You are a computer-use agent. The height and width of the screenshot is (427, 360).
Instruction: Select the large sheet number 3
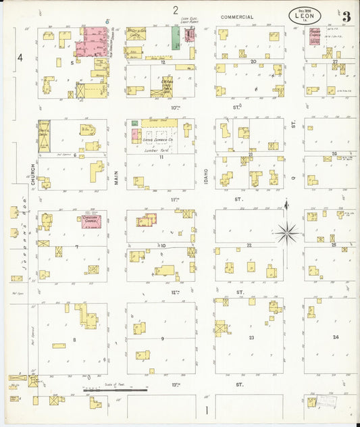(346, 16)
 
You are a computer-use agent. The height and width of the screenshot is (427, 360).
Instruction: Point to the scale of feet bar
(115, 390)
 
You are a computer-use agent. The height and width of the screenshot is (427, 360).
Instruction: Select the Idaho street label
(205, 174)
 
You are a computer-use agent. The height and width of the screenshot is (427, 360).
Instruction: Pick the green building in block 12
(176, 39)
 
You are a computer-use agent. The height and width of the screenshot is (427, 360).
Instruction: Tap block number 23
(251, 336)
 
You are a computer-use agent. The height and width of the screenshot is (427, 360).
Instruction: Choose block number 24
(335, 336)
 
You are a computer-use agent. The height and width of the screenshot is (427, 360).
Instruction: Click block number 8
(74, 339)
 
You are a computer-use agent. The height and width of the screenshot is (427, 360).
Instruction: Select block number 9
(162, 338)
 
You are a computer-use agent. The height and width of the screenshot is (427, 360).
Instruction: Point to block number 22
(249, 245)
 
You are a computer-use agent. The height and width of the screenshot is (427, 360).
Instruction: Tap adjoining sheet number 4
(20, 57)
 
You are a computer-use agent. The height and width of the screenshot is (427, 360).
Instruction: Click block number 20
(253, 61)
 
